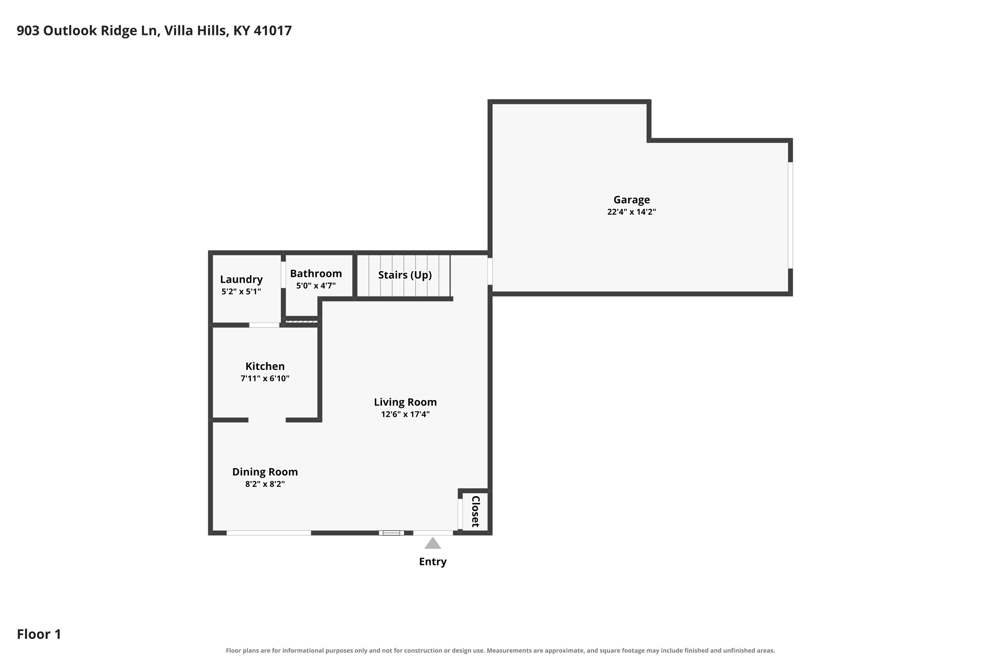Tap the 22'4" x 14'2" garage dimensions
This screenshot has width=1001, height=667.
[632, 212]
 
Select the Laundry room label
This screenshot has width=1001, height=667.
[241, 279]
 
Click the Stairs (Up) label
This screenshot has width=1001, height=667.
[405, 275]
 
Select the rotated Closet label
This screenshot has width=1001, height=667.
[475, 511]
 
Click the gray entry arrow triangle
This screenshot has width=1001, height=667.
[433, 544]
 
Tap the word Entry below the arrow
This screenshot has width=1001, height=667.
[433, 562]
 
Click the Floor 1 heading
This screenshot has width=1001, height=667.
[39, 634]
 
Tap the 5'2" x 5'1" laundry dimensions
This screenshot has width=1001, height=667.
[241, 292]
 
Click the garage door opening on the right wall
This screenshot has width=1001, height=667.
[790, 215]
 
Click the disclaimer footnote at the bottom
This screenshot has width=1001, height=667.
[500, 650]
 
